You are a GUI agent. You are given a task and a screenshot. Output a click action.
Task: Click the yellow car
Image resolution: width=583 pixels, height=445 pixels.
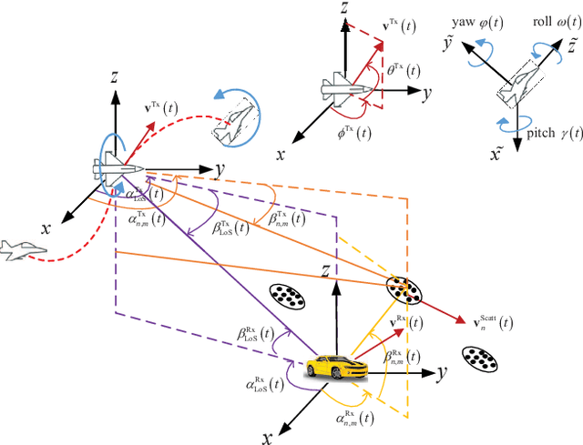[x=335, y=367]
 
